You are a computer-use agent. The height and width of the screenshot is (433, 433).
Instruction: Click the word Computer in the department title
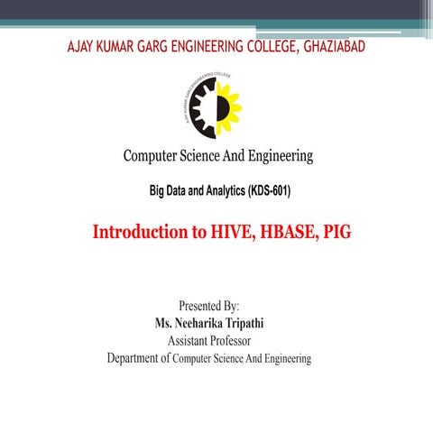click(154, 157)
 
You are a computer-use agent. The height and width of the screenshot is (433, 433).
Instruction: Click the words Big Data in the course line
click(172, 192)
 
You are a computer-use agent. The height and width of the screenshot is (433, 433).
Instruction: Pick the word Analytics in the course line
click(219, 192)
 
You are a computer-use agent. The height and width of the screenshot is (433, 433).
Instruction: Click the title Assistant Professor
click(216, 341)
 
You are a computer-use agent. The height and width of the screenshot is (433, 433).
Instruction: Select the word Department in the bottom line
click(136, 359)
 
